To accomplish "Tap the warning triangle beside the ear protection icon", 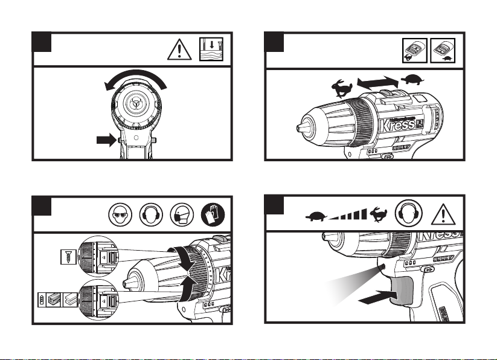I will (x=444, y=213).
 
